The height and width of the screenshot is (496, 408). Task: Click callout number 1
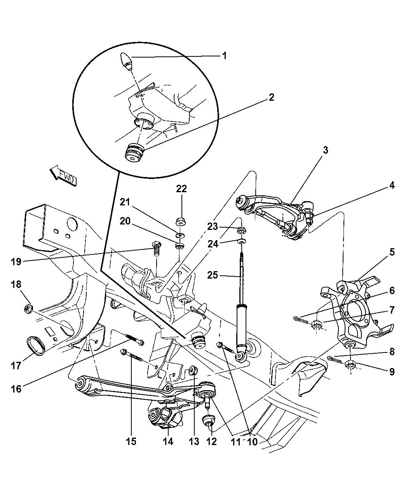point(224,56)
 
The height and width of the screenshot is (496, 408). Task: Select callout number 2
point(271,97)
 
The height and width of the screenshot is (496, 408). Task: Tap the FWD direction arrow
point(63,176)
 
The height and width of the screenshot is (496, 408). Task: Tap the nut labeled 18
point(29,309)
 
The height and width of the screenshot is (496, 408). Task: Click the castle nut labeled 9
point(351,365)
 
